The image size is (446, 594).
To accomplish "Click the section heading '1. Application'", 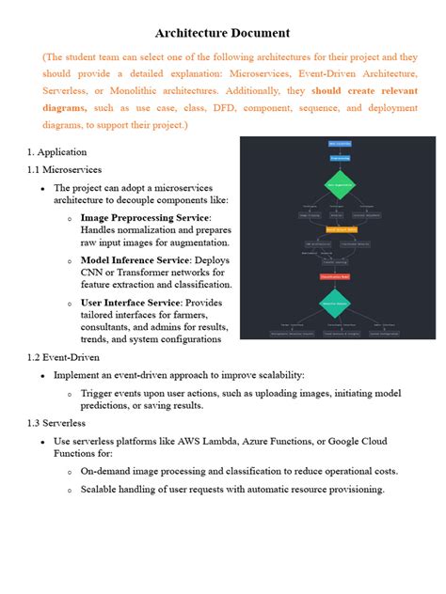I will click(56, 151).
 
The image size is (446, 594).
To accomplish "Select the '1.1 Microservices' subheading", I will click(64, 169).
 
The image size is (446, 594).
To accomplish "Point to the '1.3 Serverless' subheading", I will click(57, 423).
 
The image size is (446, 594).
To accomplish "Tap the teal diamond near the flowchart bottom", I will click(336, 303).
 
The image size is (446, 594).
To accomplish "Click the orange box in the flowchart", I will click(341, 228).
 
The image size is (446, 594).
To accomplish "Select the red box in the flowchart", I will click(335, 276).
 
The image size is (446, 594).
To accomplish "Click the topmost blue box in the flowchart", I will click(340, 144).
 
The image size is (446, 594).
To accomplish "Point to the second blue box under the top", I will click(340, 158).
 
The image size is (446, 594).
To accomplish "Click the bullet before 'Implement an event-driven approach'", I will click(42, 374).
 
